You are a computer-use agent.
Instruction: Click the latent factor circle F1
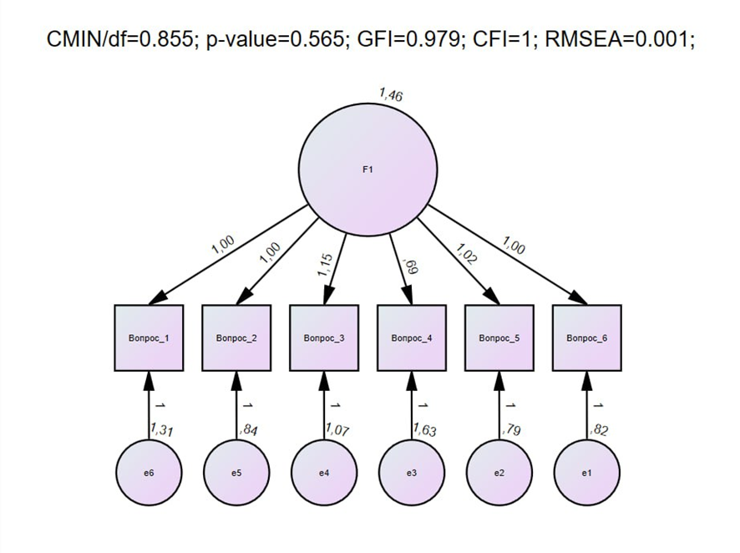tap(367, 170)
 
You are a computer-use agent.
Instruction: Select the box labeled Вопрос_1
tap(149, 338)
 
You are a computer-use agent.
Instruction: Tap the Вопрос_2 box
tap(236, 338)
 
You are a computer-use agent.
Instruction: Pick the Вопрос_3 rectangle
tap(324, 338)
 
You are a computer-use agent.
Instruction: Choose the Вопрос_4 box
tap(412, 338)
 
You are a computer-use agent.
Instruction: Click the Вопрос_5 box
tap(499, 338)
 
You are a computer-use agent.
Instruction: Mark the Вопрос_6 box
tap(587, 338)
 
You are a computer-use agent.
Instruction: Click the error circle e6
tap(149, 472)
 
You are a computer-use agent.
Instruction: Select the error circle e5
tap(236, 472)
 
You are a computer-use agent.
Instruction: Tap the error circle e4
tap(324, 472)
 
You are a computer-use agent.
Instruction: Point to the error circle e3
tap(412, 472)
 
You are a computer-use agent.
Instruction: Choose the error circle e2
tap(499, 472)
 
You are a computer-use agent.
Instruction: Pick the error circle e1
tap(587, 472)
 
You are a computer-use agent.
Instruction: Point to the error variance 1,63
tap(425, 431)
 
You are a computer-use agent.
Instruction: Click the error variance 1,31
tap(162, 431)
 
